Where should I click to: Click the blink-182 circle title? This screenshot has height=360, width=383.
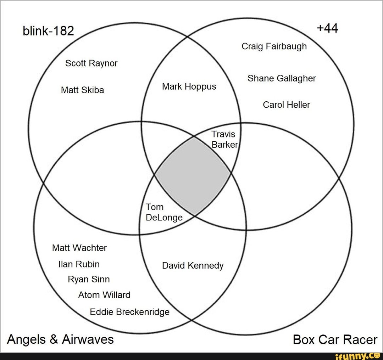48,32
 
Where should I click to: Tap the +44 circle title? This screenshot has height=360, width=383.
327,28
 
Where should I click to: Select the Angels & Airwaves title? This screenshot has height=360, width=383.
60,339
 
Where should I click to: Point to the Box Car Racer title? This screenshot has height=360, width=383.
335,340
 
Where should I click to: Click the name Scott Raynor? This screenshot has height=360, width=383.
91,63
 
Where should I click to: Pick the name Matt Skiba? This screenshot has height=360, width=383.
82,90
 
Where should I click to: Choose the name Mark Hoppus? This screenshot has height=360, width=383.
189,86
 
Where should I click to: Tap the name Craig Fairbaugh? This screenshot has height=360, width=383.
274,46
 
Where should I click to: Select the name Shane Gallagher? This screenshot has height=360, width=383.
282,78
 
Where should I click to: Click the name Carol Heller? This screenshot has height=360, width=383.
286,105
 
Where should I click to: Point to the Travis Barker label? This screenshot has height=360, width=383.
225,139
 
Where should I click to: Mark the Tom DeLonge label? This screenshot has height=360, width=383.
164,212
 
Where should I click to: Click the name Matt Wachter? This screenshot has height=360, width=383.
79,248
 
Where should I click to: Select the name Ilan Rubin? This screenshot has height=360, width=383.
79,264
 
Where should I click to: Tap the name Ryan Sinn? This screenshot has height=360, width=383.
89,280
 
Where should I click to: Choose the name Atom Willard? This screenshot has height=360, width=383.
104,295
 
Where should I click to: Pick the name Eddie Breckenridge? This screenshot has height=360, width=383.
129,312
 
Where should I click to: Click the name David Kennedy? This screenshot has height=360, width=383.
193,266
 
